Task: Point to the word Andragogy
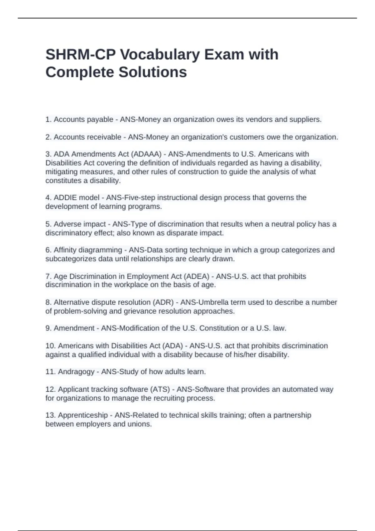point(76,372)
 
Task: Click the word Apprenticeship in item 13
point(83,415)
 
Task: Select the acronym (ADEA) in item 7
point(196,276)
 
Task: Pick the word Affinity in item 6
point(65,250)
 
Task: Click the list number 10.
point(50,346)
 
